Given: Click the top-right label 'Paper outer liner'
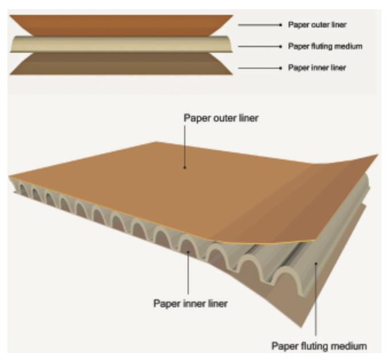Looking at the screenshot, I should tap(317, 25).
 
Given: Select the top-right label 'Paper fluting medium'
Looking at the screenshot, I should tap(325, 46).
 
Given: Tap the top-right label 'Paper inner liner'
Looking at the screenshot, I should tap(317, 68).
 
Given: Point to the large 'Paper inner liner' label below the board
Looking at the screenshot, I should tap(190, 303).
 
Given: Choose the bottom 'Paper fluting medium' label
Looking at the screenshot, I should tap(318, 346).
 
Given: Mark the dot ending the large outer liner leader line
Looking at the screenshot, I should tap(185, 167).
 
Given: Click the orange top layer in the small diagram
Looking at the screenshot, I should tap(120, 25).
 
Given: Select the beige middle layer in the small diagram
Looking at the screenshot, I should tap(120, 45).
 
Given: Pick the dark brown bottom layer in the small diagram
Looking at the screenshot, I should tap(120, 64).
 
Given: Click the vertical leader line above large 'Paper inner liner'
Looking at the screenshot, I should tap(189, 275).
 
